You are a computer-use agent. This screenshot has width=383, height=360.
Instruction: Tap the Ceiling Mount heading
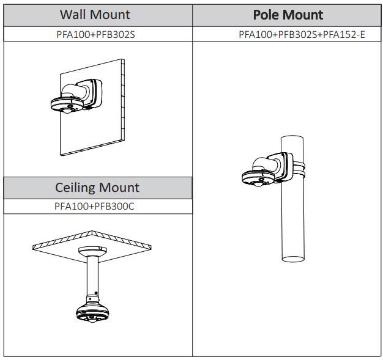click(x=97, y=187)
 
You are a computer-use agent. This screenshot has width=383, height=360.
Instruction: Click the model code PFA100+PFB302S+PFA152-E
click(x=302, y=34)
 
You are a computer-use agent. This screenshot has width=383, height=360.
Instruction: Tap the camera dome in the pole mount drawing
click(x=259, y=177)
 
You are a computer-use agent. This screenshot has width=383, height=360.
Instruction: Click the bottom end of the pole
click(x=292, y=257)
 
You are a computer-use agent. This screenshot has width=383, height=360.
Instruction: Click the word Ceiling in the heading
click(x=75, y=187)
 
